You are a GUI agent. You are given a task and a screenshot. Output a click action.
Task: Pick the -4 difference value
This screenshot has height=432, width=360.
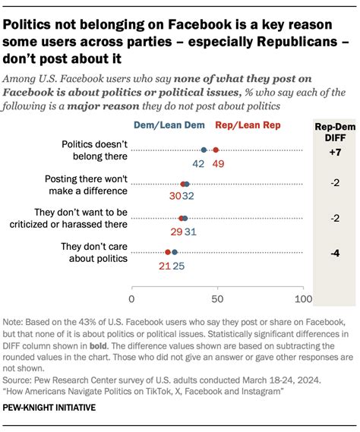coord(335,252)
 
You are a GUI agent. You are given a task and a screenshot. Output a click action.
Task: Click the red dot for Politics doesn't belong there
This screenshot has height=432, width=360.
coord(216,150)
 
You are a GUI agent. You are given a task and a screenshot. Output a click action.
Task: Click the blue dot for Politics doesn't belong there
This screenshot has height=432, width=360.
coord(204,150)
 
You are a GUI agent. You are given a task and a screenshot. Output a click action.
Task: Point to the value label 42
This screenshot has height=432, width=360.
coord(199,163)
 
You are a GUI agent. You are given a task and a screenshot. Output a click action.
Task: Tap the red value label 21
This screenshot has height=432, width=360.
coord(164,266)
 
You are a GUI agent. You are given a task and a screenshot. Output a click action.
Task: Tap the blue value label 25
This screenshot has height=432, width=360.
coord(178,266)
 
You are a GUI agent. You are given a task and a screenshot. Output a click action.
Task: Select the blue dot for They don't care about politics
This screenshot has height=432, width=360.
coord(175,252)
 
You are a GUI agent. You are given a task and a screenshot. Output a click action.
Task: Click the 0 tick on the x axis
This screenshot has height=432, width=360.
coord(132,289)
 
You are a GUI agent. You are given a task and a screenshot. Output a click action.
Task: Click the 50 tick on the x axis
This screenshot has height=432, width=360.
coord(218,289)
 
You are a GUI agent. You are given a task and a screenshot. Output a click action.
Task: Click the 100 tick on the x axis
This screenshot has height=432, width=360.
coord(304,289)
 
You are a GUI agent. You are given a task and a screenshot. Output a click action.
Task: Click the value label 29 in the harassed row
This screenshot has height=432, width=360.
coord(176,232)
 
